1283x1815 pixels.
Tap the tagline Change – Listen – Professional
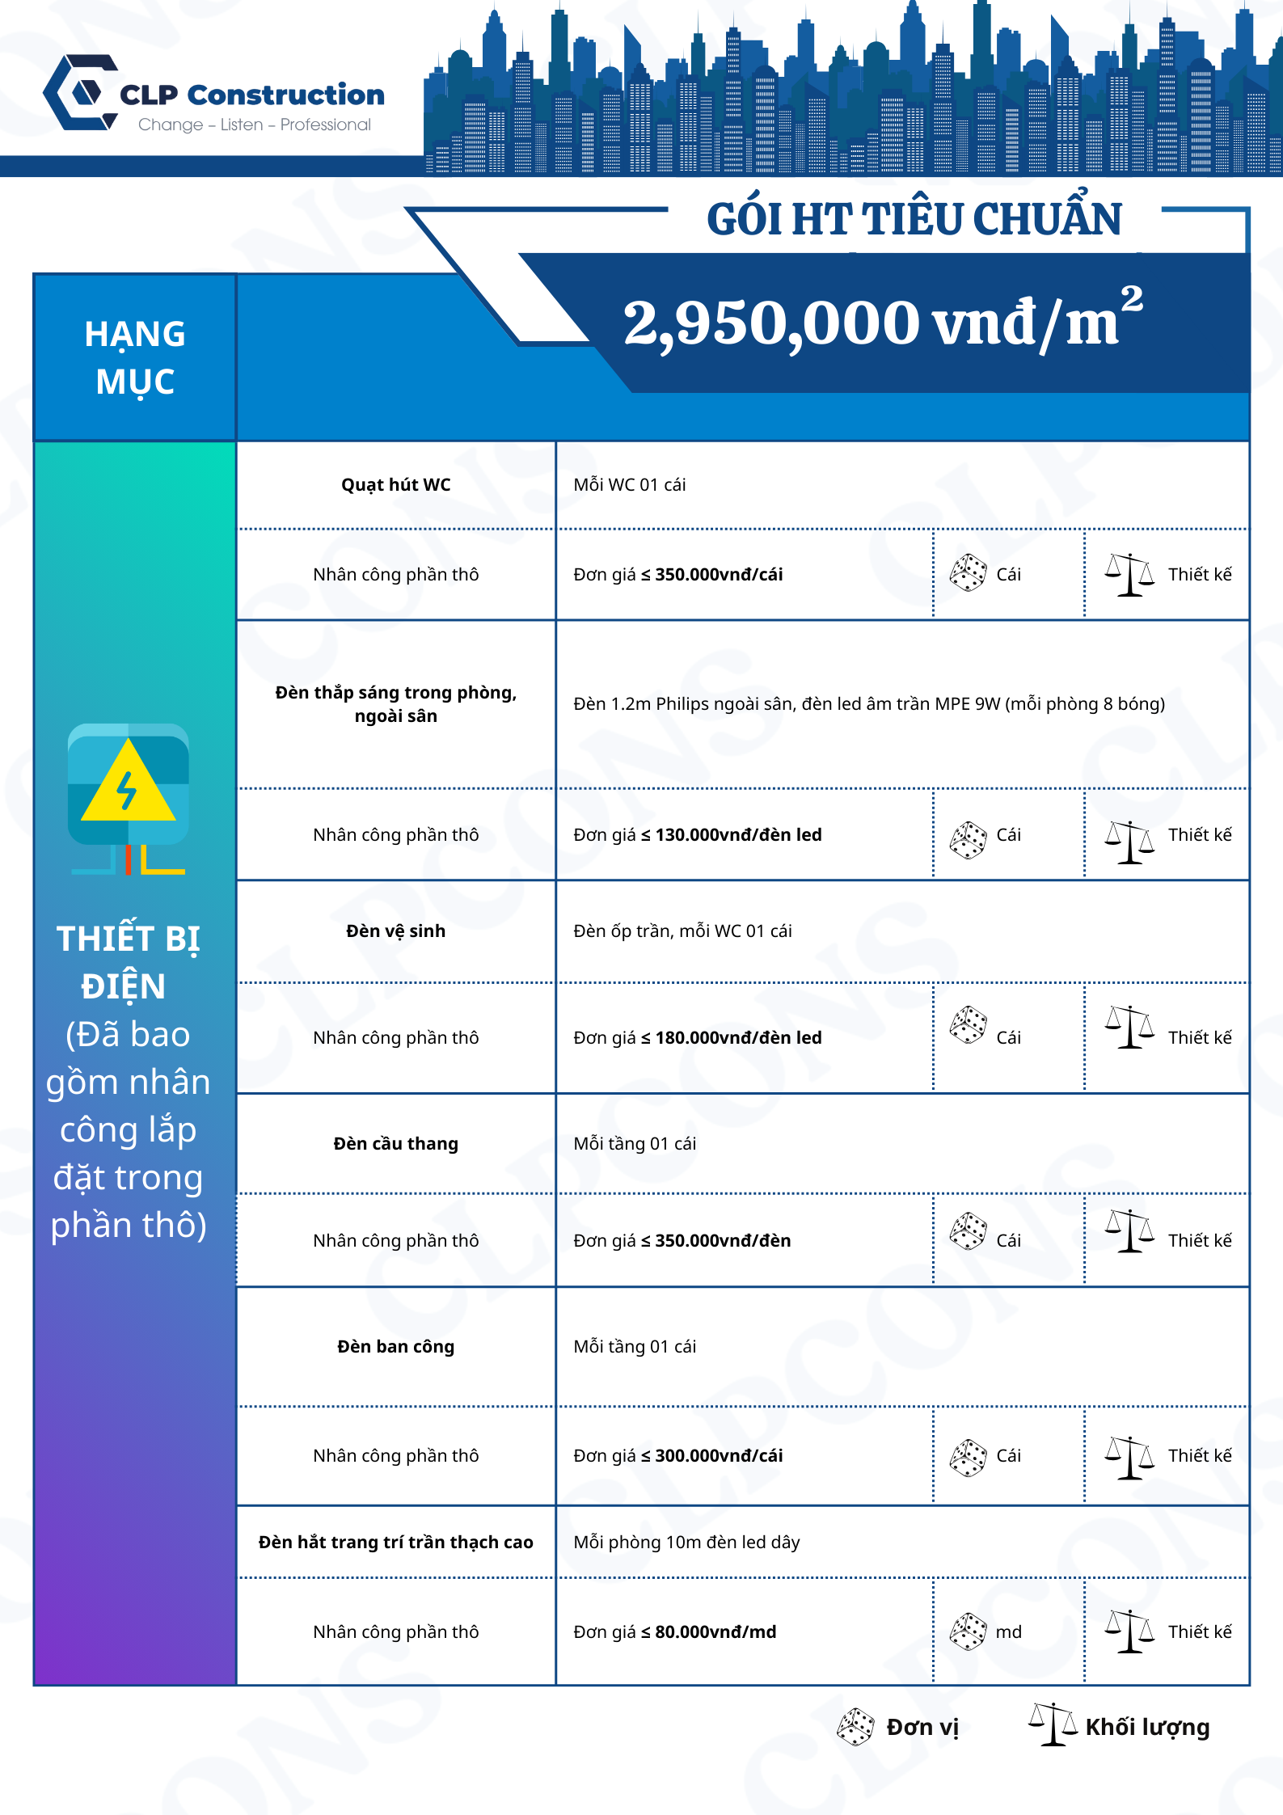tap(254, 125)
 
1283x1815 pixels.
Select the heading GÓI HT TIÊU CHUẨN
tap(914, 220)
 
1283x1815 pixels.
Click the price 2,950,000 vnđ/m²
tap(882, 322)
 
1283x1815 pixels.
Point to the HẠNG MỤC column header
tap(135, 357)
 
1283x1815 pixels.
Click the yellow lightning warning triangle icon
tap(128, 782)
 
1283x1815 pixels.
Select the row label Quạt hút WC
tap(395, 485)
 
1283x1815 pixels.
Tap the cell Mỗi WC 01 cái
tap(629, 485)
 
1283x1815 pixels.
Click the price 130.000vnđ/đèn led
tap(737, 835)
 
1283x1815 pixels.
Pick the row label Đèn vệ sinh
tap(395, 931)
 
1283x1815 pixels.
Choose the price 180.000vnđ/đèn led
tap(737, 1038)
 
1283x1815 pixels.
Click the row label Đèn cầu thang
tap(395, 1144)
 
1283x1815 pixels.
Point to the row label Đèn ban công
tap(395, 1347)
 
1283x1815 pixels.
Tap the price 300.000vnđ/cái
tap(718, 1456)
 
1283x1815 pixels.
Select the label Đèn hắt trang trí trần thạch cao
tap(395, 1543)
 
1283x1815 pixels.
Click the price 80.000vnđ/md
tap(715, 1632)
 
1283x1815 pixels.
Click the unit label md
tap(1008, 1632)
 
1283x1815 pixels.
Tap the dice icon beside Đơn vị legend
tap(855, 1727)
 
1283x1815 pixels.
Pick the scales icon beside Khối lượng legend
tap(1053, 1724)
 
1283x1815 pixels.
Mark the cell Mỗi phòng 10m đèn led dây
tap(686, 1543)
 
